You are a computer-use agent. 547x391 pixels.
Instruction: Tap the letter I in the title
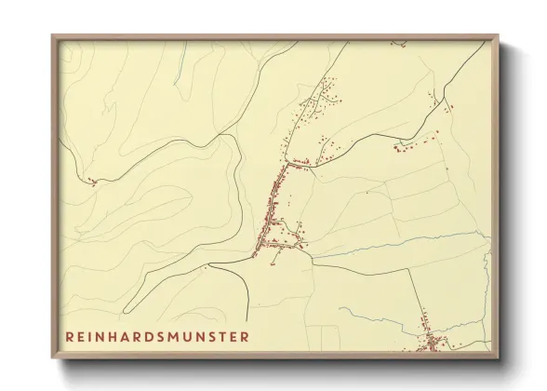93,336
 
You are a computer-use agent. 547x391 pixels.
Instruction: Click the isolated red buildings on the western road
91,182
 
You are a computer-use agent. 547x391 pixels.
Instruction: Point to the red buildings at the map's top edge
400,42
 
